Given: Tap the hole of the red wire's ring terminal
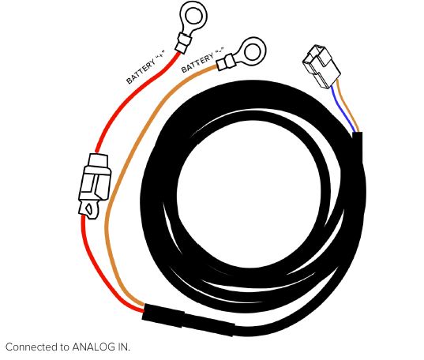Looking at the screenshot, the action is pos(193,15).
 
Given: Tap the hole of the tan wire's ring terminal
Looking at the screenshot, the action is pos(252,51).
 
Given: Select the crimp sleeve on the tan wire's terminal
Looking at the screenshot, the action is pos(225,62).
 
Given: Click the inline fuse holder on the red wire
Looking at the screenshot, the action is pos(94,186).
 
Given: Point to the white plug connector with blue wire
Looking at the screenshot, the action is pos(321,66).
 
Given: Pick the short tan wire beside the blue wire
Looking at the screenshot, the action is pos(348,106).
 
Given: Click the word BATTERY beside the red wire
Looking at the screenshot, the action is pos(141,71).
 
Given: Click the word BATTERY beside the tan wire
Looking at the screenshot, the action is pos(197,62).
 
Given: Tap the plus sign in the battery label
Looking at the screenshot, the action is pos(160,54).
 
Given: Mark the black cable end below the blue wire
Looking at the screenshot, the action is pos(357,148).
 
